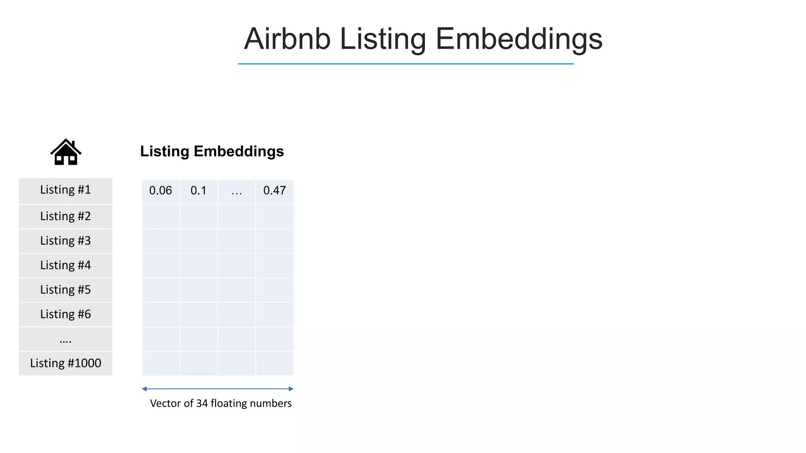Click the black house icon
[x=66, y=152]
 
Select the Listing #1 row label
[x=65, y=190]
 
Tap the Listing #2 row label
[x=65, y=216]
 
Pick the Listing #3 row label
[x=65, y=241]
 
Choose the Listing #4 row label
[x=65, y=265]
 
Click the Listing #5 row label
[x=65, y=290]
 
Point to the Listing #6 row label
[x=65, y=314]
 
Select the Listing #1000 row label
[x=65, y=363]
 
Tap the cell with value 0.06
[x=161, y=191]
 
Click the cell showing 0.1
[x=198, y=191]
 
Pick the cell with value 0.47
[x=275, y=191]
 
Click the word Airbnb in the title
[x=287, y=39]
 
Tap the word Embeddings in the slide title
[x=519, y=39]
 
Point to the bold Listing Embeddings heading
[x=212, y=151]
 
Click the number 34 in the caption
[x=202, y=403]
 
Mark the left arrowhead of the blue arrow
[x=144, y=389]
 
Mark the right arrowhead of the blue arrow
[x=291, y=389]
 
